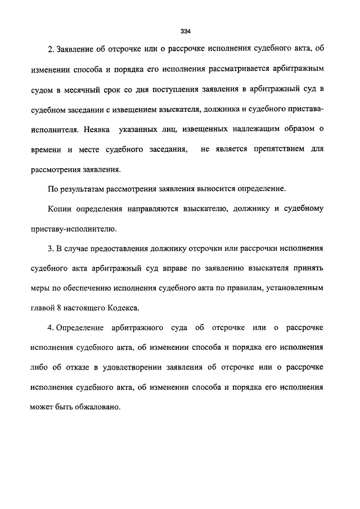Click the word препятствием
coord(280,149)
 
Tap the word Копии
coord(62,209)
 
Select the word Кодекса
coord(121,308)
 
